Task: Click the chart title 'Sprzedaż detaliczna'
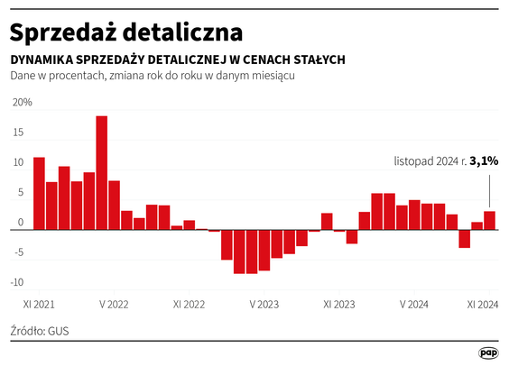pyautogui.click(x=125, y=32)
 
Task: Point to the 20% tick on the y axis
pyautogui.click(x=21, y=103)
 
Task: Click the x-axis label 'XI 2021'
pyautogui.click(x=39, y=305)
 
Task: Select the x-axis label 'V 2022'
pyautogui.click(x=114, y=305)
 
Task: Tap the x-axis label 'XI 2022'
pyautogui.click(x=189, y=305)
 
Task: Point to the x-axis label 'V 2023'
pyautogui.click(x=264, y=305)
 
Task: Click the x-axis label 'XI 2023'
pyautogui.click(x=339, y=305)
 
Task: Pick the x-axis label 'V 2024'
pyautogui.click(x=414, y=305)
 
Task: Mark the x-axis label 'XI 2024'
pyautogui.click(x=483, y=305)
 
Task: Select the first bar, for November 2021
pyautogui.click(x=39, y=194)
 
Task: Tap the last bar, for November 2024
pyautogui.click(x=489, y=221)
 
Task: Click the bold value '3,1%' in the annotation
pyautogui.click(x=484, y=161)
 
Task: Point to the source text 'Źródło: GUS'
pyautogui.click(x=40, y=331)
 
